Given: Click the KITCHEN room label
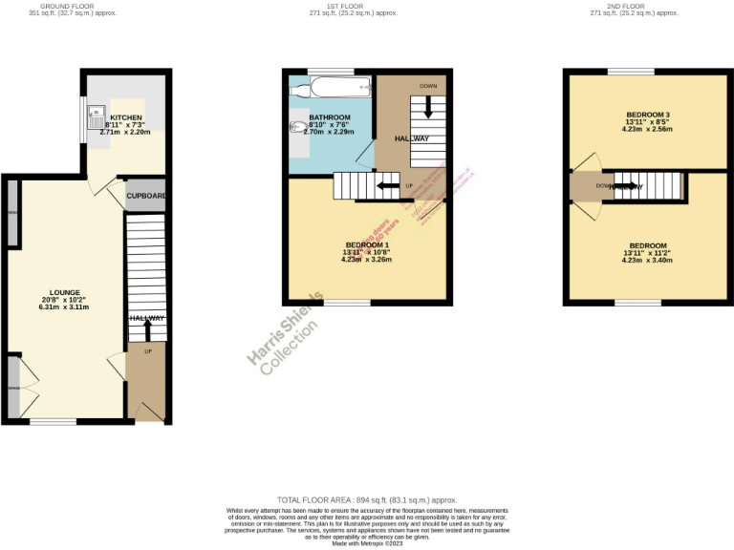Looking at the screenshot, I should pos(125,117).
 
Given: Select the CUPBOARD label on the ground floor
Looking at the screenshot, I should pos(147,196).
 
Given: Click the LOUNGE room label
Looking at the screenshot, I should pos(65,292).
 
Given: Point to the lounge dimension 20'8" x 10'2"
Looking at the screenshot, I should pos(65,300).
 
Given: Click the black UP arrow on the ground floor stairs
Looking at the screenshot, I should pos(147,329).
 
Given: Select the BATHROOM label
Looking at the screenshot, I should pos(330,117).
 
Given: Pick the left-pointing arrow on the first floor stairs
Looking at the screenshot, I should pos(388,185).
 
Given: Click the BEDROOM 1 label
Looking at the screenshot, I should pos(368,245).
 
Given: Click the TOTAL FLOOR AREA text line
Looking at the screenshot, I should pos(367,500).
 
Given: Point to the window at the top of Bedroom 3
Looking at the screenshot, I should pos(631,72).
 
